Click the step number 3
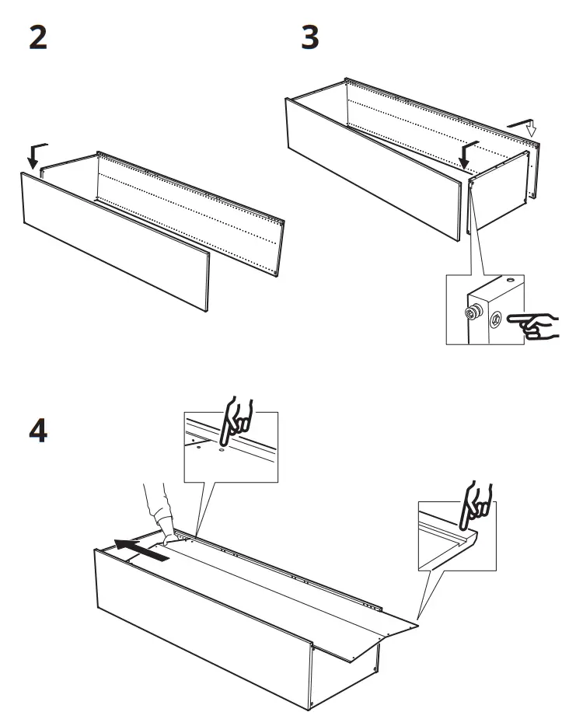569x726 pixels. point(310,38)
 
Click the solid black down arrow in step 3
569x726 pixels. point(468,154)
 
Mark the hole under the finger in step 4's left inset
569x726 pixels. point(222,449)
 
